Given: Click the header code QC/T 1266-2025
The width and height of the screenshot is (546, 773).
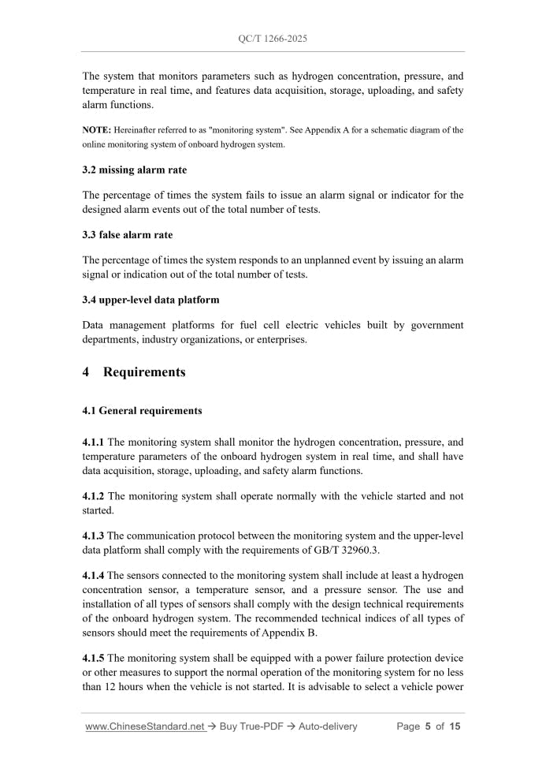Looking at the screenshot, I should tap(273, 38).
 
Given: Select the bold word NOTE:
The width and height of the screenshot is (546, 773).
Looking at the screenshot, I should tap(97, 130).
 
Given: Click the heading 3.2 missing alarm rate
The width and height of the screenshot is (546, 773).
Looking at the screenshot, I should tap(135, 170).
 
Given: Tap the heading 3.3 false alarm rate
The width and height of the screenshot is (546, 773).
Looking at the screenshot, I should tap(128, 235).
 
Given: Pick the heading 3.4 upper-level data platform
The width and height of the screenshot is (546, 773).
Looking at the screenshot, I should tap(150, 300).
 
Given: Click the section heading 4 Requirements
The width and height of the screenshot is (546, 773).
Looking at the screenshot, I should tap(134, 372).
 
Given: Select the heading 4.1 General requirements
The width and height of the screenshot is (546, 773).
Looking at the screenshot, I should tap(142, 411).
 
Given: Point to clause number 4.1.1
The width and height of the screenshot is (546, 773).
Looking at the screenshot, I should tap(94, 443).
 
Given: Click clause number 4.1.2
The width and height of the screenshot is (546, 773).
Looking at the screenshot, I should tap(94, 496).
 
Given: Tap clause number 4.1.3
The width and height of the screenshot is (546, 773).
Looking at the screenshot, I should tap(94, 536).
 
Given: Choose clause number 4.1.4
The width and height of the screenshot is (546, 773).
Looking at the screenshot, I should tap(94, 577).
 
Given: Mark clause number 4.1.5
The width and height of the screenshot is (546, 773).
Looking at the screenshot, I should tap(94, 658).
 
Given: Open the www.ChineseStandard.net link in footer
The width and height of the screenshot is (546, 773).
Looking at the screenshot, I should tap(145, 726).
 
